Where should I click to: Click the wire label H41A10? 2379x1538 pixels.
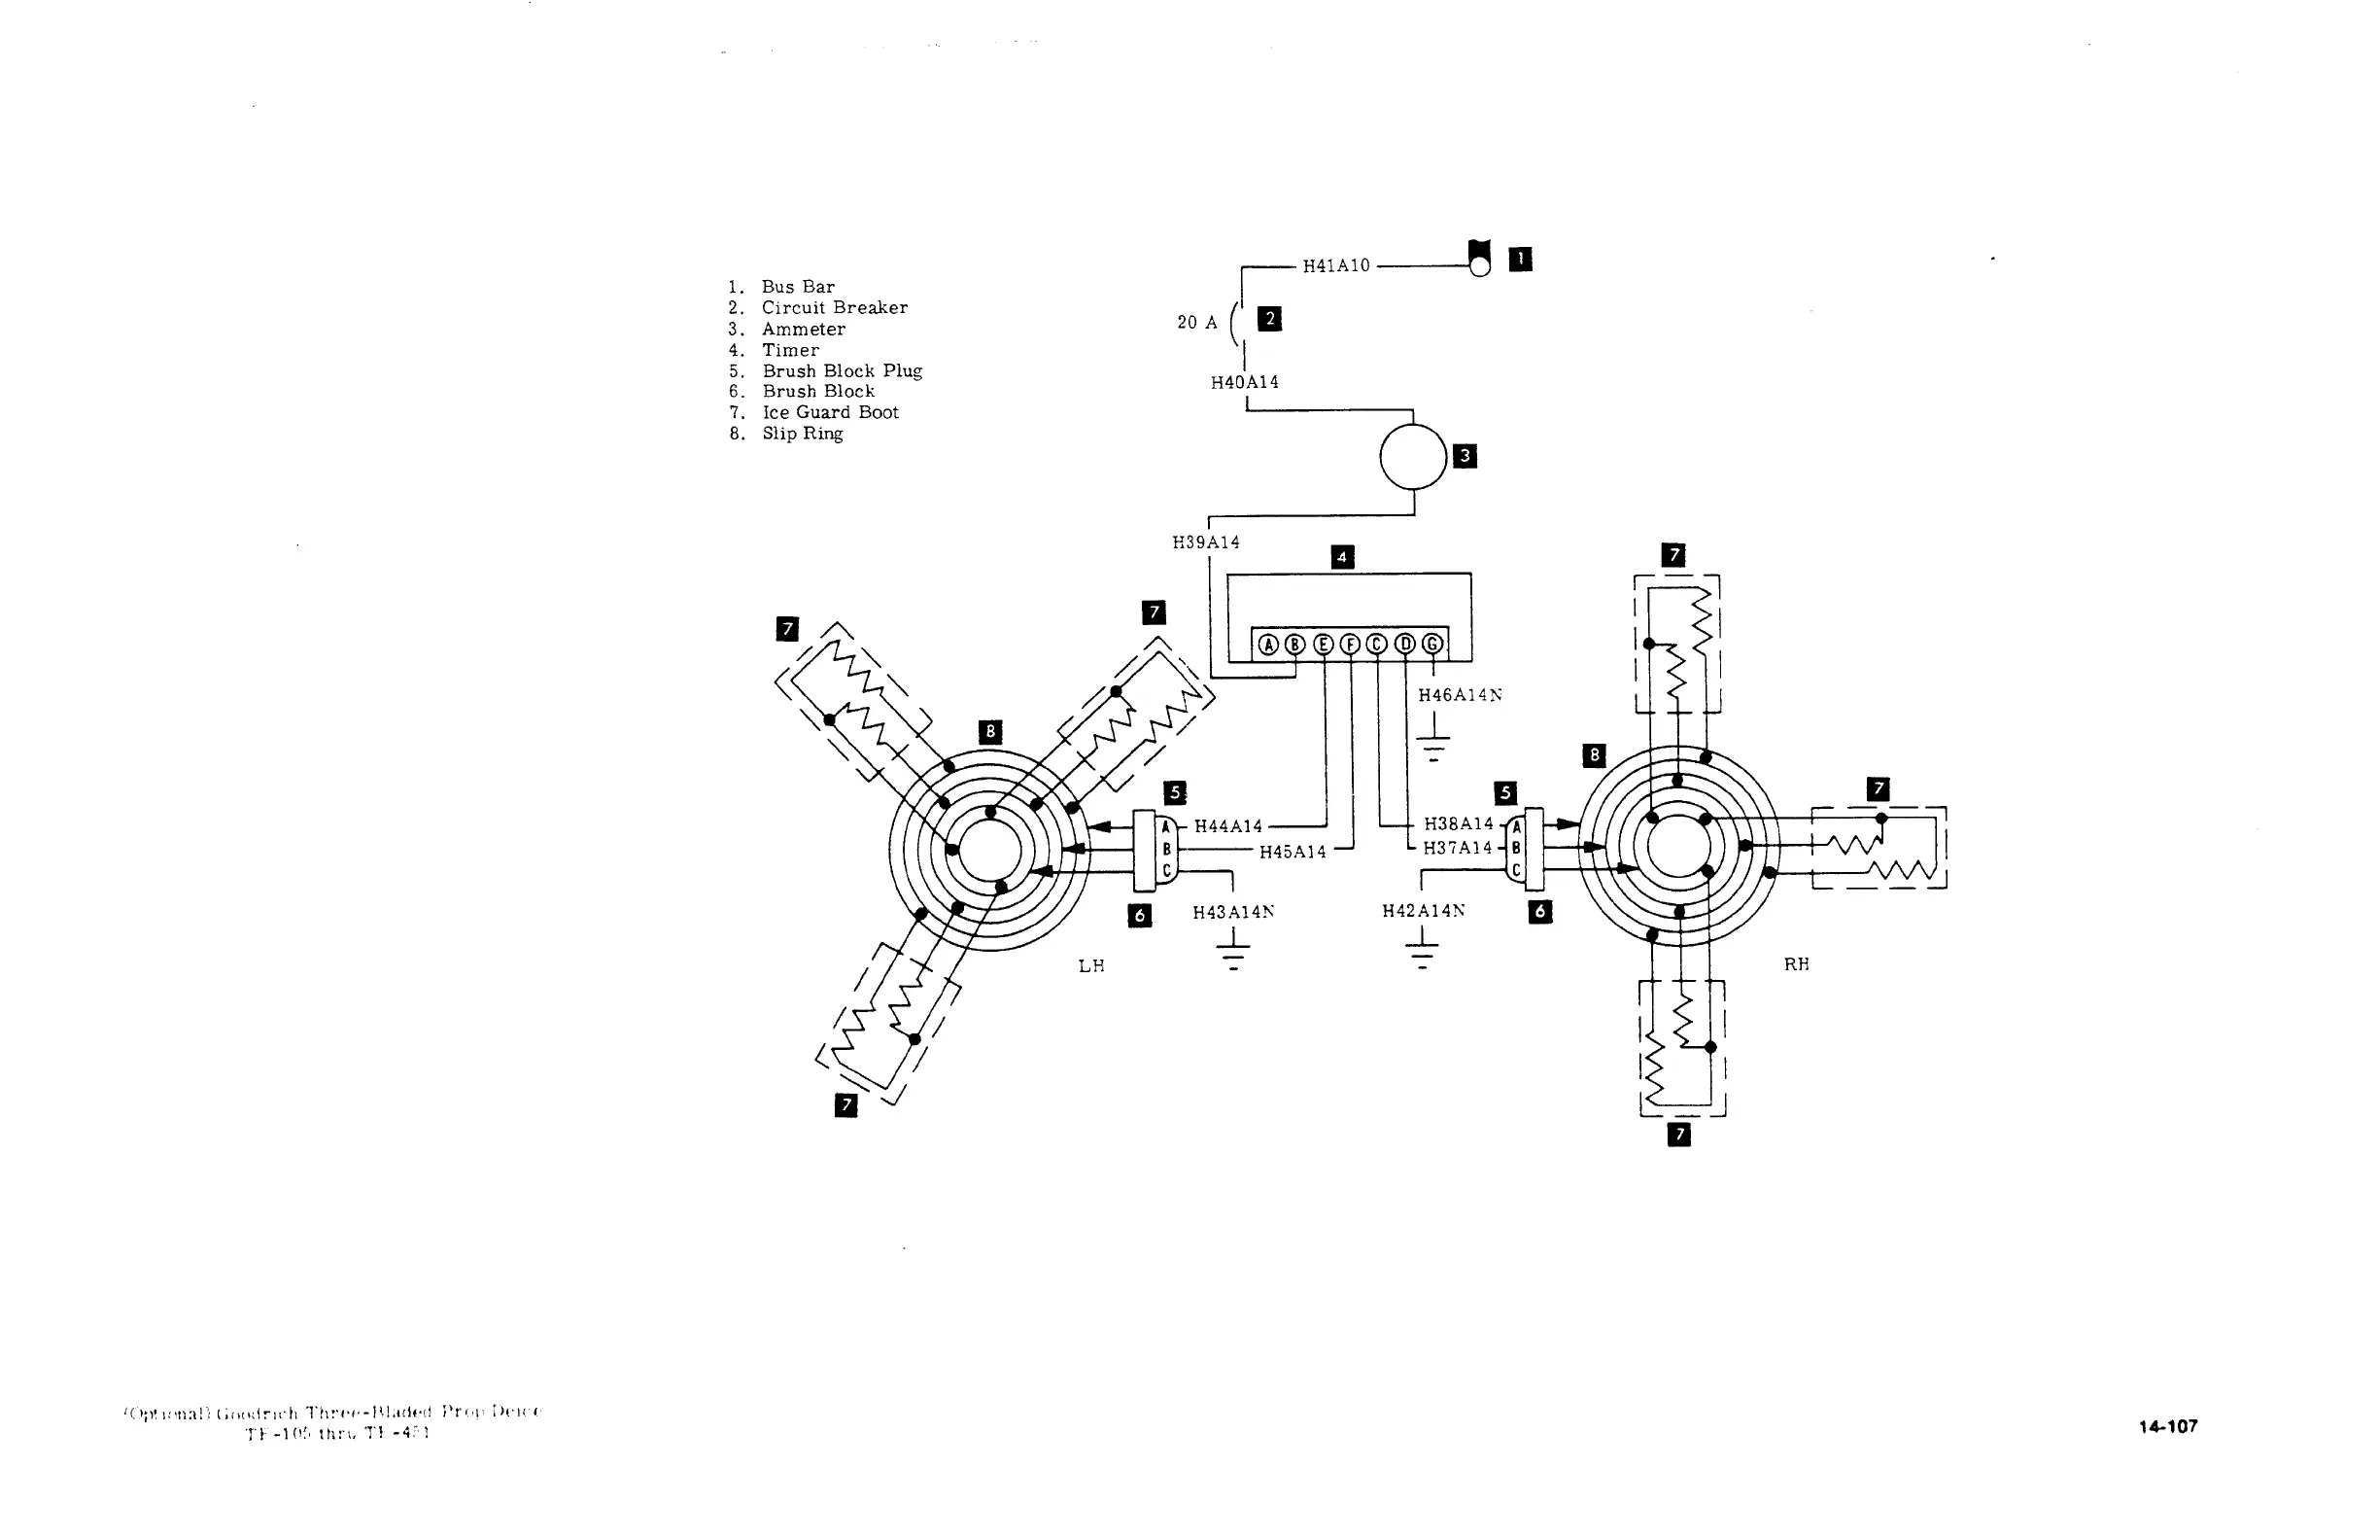(x=1335, y=266)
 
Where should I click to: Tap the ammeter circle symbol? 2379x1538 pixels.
(x=1413, y=456)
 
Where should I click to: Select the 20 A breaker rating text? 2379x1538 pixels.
(x=1197, y=323)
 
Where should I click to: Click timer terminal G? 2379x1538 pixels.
(x=1431, y=645)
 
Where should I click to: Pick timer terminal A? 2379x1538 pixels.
(x=1268, y=645)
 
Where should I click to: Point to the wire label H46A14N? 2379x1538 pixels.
(x=1460, y=695)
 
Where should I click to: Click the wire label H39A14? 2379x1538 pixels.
(x=1206, y=542)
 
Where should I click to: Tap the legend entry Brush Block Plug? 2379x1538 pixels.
(x=842, y=371)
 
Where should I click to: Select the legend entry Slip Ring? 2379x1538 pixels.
(x=802, y=434)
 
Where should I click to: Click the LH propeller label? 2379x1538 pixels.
(x=1091, y=965)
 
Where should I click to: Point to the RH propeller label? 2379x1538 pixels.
(x=1796, y=963)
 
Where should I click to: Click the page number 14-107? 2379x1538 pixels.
(x=2167, y=1426)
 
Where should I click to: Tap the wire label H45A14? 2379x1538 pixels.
(x=1293, y=852)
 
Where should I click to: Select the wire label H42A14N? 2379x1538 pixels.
(x=1424, y=911)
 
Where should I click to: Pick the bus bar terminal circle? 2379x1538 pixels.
(x=1479, y=265)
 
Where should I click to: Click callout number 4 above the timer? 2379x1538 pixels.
(x=1343, y=557)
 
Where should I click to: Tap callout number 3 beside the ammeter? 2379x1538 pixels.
(x=1465, y=456)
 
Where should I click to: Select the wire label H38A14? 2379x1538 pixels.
(x=1459, y=824)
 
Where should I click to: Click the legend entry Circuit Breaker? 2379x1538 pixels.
(x=834, y=307)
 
